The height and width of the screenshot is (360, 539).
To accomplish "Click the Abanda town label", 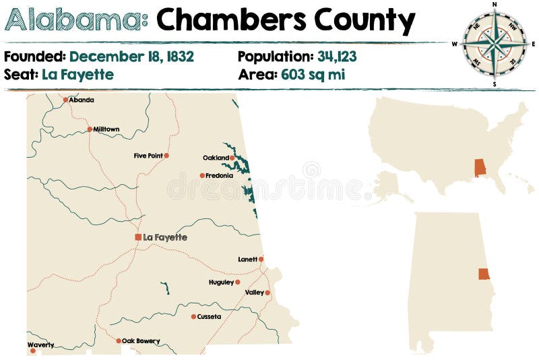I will (x=82, y=100).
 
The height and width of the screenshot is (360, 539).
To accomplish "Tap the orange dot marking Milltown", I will (x=90, y=129).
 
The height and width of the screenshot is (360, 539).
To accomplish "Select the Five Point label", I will (x=148, y=156).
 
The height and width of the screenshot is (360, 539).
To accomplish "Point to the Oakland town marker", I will (x=232, y=158).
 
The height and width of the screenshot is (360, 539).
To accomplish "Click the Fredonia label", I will (x=220, y=175).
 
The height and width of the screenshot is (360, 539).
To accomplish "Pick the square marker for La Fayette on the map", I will (x=138, y=237).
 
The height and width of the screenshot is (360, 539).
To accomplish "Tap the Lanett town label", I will (x=247, y=259).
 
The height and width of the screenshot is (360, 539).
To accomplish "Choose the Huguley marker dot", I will (x=238, y=282).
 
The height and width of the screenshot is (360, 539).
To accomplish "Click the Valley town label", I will (x=255, y=293).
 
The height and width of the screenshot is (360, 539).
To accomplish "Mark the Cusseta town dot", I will (x=193, y=316).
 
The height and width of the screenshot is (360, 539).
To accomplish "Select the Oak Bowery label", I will (x=141, y=341).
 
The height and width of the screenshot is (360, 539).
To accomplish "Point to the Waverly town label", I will (x=40, y=344).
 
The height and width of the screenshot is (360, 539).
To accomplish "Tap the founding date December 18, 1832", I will (x=131, y=57).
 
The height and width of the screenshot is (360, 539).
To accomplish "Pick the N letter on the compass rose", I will (x=495, y=4).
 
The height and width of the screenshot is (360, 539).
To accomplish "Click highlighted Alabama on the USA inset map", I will (x=480, y=168).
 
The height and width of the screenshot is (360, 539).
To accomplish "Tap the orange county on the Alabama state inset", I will (x=484, y=274).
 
